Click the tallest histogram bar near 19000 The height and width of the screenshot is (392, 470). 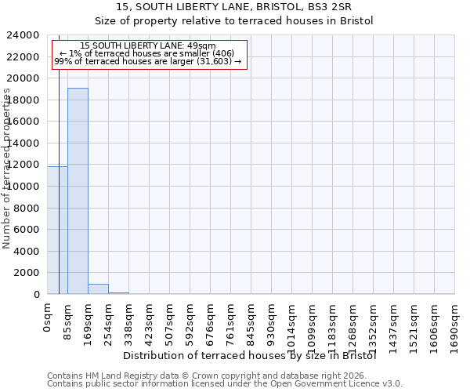pyautogui.click(x=78, y=191)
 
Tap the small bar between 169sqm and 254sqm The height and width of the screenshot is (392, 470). pyautogui.click(x=98, y=289)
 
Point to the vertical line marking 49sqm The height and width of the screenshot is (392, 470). pyautogui.click(x=59, y=157)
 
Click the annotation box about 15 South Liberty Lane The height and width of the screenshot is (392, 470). pyautogui.click(x=149, y=53)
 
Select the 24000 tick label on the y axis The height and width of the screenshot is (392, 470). pyautogui.click(x=23, y=35)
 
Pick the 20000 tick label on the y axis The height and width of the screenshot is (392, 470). pyautogui.click(x=23, y=78)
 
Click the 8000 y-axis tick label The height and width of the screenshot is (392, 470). pyautogui.click(x=27, y=208)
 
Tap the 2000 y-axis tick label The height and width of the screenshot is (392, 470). pyautogui.click(x=27, y=273)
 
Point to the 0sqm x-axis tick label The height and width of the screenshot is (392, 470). pyautogui.click(x=48, y=320)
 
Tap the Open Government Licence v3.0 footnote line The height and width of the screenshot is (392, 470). pyautogui.click(x=224, y=384)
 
